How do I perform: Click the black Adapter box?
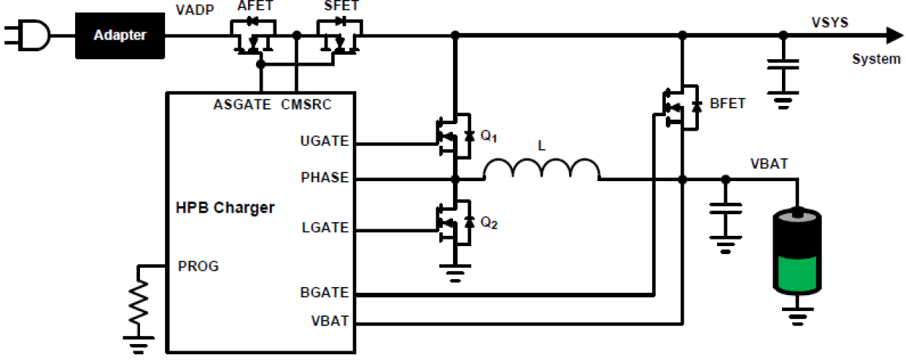click(120, 35)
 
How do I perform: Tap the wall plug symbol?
click(28, 35)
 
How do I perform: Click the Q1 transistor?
click(454, 133)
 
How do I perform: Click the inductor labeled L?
click(541, 170)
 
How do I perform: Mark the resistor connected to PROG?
click(138, 298)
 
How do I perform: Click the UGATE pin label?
click(325, 142)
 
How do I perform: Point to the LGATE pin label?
click(325, 228)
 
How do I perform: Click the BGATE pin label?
click(325, 293)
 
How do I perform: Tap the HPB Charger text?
click(224, 208)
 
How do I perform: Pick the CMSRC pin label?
click(306, 105)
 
